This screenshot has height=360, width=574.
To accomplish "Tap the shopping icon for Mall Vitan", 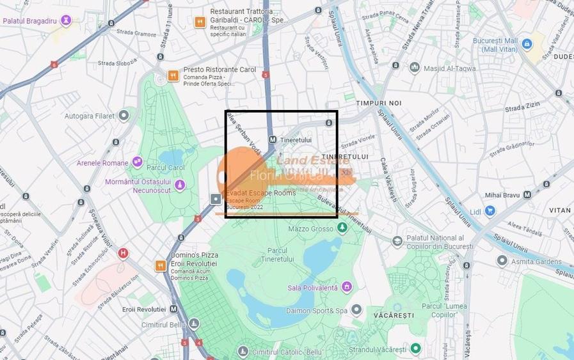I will click(527, 43).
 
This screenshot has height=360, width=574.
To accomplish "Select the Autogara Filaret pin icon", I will click(124, 116).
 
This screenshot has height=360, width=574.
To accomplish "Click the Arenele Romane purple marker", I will click(137, 162).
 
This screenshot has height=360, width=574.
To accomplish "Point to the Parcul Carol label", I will click(165, 168).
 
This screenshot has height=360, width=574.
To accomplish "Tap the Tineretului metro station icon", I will click(272, 139).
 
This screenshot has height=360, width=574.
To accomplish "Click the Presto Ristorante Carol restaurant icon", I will click(173, 75).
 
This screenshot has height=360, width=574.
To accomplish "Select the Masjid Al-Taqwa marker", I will click(414, 67).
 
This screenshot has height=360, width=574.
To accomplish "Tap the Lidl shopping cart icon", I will click(490, 210).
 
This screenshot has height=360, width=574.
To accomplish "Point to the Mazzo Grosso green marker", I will click(342, 228).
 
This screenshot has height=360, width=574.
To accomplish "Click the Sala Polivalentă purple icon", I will click(346, 287).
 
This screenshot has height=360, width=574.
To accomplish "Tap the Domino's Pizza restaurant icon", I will click(160, 265).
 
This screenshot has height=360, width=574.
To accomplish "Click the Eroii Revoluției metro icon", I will click(173, 309).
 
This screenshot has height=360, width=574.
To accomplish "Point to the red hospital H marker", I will click(123, 253).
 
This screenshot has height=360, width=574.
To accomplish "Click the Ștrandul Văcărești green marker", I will click(415, 348).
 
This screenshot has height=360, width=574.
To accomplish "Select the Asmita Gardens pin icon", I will click(502, 260).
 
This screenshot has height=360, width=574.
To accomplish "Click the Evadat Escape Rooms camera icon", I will click(216, 198).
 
